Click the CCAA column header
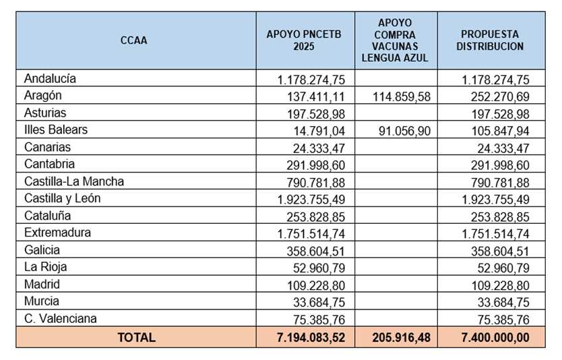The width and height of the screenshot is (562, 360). [133, 40]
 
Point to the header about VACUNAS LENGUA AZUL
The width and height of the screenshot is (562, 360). [395, 40]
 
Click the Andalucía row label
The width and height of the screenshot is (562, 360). [50, 79]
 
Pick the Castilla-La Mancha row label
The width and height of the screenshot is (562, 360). [74, 181]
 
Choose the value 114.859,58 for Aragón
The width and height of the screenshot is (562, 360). [400, 96]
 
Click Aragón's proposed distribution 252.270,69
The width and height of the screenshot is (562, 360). [496, 96]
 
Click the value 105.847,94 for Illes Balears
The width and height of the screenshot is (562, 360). [496, 131]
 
